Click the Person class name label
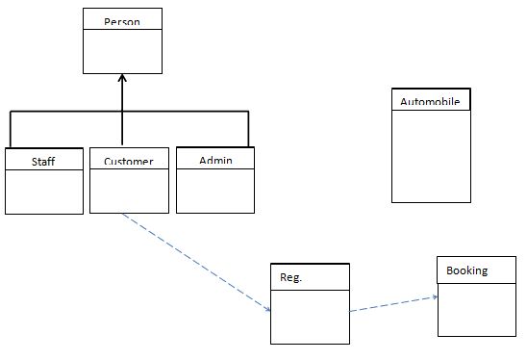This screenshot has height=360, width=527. pyautogui.click(x=122, y=20)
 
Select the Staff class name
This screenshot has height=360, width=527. pyautogui.click(x=43, y=161)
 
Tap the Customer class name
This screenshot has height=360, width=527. pyautogui.click(x=129, y=161)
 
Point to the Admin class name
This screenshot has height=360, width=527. pyautogui.click(x=215, y=159)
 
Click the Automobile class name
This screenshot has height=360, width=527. pyautogui.click(x=431, y=102)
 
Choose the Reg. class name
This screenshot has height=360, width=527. pyautogui.click(x=291, y=277)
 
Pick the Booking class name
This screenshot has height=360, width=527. pyautogui.click(x=467, y=270)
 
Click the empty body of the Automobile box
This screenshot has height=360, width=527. pyautogui.click(x=431, y=154)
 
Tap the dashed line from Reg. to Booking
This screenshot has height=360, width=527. pyautogui.click(x=392, y=303)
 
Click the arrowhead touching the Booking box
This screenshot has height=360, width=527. pyautogui.click(x=435, y=296)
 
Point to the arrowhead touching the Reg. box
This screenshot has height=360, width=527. pyautogui.click(x=268, y=309)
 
